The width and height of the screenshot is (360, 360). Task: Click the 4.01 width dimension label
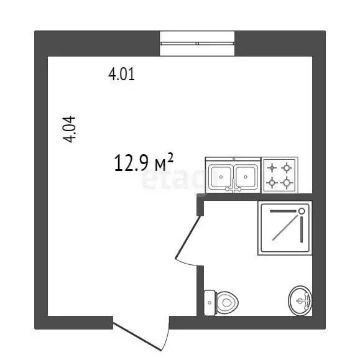click(x=122, y=75)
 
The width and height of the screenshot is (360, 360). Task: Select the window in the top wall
click(x=197, y=43)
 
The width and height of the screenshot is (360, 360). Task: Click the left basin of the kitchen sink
click(x=221, y=176)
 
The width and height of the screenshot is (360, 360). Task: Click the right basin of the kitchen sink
click(x=246, y=176)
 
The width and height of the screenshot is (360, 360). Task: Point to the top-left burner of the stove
click(x=272, y=167)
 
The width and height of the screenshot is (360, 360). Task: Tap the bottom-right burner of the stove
click(x=287, y=183)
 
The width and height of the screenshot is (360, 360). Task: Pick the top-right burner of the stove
click(x=287, y=167)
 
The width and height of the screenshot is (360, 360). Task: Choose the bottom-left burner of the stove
click(x=272, y=183)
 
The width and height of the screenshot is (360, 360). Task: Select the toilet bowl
click(x=227, y=303)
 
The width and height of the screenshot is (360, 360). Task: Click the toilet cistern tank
click(x=209, y=303)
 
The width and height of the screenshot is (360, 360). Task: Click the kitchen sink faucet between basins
click(x=234, y=185)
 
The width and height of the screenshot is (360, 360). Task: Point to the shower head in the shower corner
click(x=302, y=211)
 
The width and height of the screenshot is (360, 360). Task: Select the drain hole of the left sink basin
click(x=221, y=177)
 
